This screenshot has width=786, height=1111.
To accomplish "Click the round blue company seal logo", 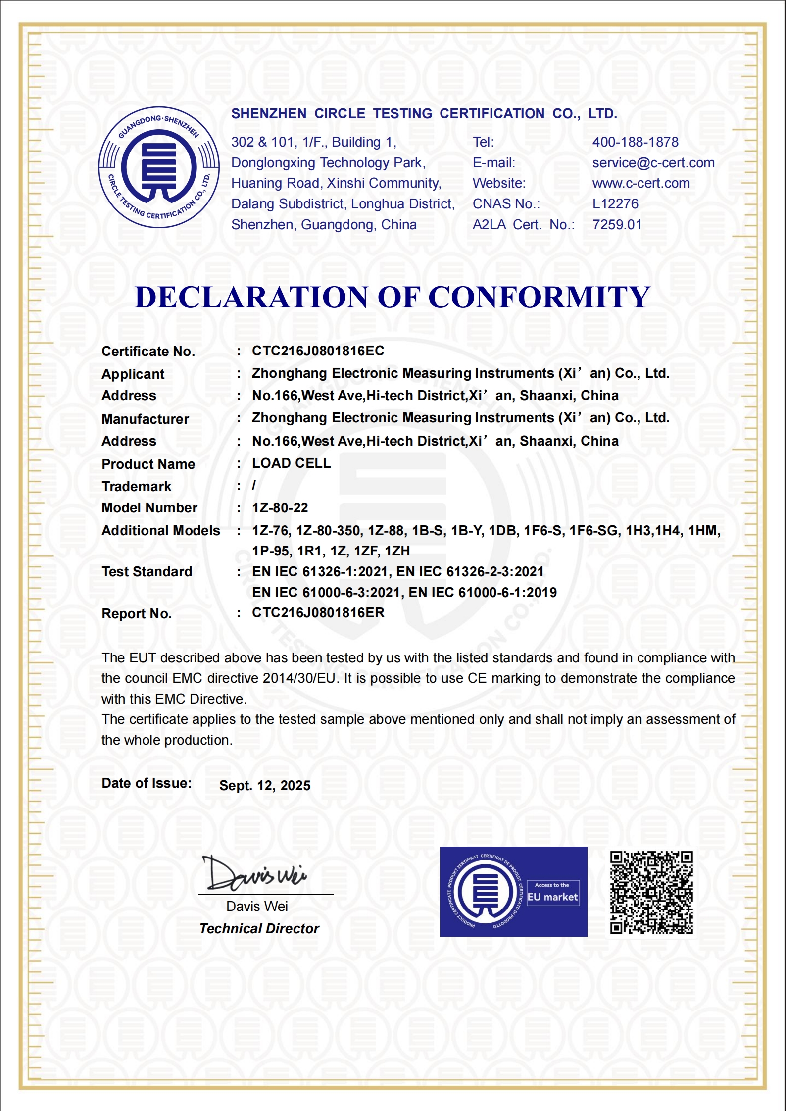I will [x=159, y=167].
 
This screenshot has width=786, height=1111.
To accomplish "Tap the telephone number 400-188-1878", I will [x=635, y=142].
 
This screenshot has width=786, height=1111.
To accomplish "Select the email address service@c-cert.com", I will [x=653, y=163].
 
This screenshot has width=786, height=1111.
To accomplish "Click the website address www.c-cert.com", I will [x=640, y=183].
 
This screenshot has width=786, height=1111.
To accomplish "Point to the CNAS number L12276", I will [x=615, y=204].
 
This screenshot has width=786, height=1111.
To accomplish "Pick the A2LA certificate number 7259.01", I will [x=617, y=225].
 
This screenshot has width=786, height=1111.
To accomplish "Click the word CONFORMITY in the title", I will [x=539, y=298].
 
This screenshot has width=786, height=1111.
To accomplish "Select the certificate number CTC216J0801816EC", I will [x=318, y=351].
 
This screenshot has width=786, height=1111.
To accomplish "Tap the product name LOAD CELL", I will [x=291, y=463].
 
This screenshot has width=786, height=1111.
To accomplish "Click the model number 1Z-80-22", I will [x=280, y=508].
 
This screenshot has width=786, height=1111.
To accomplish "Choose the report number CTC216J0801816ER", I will [x=318, y=613].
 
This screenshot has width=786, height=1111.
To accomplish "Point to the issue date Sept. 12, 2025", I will [x=265, y=786].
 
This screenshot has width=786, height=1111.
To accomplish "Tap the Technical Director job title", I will [x=259, y=929].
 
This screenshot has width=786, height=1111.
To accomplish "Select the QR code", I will [x=651, y=892].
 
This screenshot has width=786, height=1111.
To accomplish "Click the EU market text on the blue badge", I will [x=552, y=897].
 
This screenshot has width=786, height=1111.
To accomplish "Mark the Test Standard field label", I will [x=147, y=572].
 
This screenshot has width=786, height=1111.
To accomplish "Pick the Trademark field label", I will [x=136, y=487].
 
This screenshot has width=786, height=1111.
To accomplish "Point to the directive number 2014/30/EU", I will [x=299, y=678].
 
